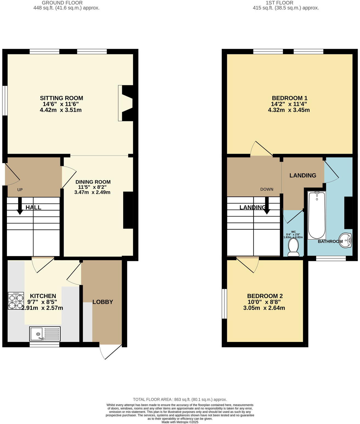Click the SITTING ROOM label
pyautogui.click(x=61, y=98)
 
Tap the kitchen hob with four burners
pyautogui.click(x=15, y=301)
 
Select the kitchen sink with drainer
pyautogui.click(x=45, y=334)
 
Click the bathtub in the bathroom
pyautogui.click(x=317, y=215)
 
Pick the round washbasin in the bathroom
pyautogui.click(x=346, y=240)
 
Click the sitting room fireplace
pyautogui.click(x=126, y=103)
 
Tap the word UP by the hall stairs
pyautogui.click(x=20, y=190)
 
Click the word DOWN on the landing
pyautogui.click(x=267, y=189)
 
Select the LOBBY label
pyautogui.click(x=103, y=302)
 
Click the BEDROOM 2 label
pyautogui.click(x=265, y=296)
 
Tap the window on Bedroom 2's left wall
pyautogui.click(x=224, y=304)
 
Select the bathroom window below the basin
pyautogui.click(x=331, y=258)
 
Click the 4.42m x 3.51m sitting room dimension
pyautogui.click(x=61, y=110)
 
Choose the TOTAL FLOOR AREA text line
pyautogui.click(x=180, y=400)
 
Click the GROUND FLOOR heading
pyautogui.click(x=62, y=3)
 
